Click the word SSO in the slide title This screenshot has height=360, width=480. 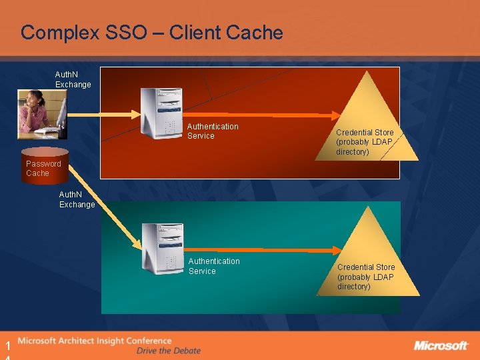pyautogui.click(x=129, y=33)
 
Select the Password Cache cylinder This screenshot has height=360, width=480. pyautogui.click(x=43, y=163)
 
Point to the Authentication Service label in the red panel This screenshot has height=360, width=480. pyautogui.click(x=212, y=131)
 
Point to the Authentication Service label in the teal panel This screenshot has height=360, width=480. pyautogui.click(x=213, y=266)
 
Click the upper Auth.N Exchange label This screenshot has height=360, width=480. pyautogui.click(x=73, y=80)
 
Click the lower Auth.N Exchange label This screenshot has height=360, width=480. pyautogui.click(x=77, y=199)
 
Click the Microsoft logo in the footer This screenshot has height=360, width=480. pyautogui.click(x=441, y=345)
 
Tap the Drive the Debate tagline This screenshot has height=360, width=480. pyautogui.click(x=168, y=351)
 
